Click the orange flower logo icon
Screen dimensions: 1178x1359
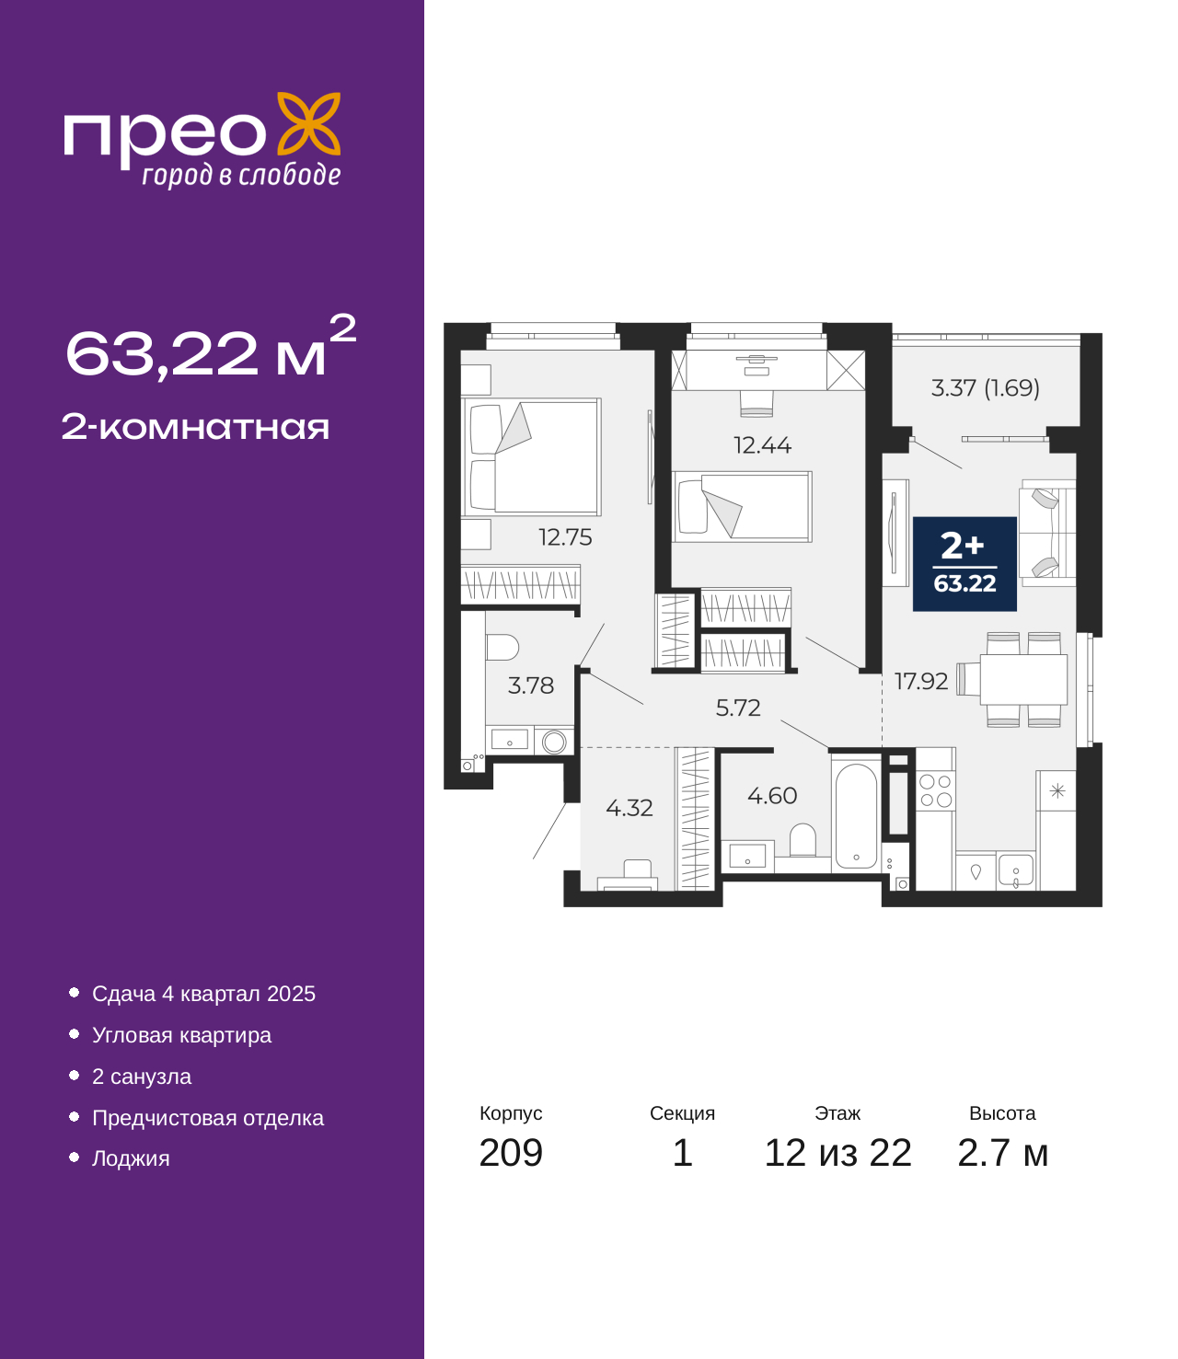coord(308,123)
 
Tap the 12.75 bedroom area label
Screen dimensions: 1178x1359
coord(565,537)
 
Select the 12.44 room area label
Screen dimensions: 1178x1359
coord(762,445)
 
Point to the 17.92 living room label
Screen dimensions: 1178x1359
coord(921,681)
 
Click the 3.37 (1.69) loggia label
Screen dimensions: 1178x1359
coord(986,388)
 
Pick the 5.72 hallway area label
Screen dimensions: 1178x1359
coord(738,708)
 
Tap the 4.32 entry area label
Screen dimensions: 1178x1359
coord(629,808)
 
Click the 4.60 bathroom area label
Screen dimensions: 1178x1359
coord(772,796)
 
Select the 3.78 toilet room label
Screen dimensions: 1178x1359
coord(531,685)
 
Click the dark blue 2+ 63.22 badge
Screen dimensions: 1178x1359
coord(964,563)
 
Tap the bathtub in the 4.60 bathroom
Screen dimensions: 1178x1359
coord(856,815)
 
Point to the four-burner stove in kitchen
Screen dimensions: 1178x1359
coord(935,790)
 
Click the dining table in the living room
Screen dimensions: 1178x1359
coord(1023,679)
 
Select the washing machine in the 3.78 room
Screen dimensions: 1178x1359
coord(554,742)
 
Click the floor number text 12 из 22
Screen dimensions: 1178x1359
coord(837,1153)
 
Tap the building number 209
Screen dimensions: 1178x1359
coord(511,1153)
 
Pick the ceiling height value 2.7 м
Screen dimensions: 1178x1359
coord(1001,1153)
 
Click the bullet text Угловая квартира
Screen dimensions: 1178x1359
coord(181,1035)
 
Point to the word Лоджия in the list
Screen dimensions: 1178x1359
coord(131,1158)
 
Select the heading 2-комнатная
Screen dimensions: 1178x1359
coord(195,427)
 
